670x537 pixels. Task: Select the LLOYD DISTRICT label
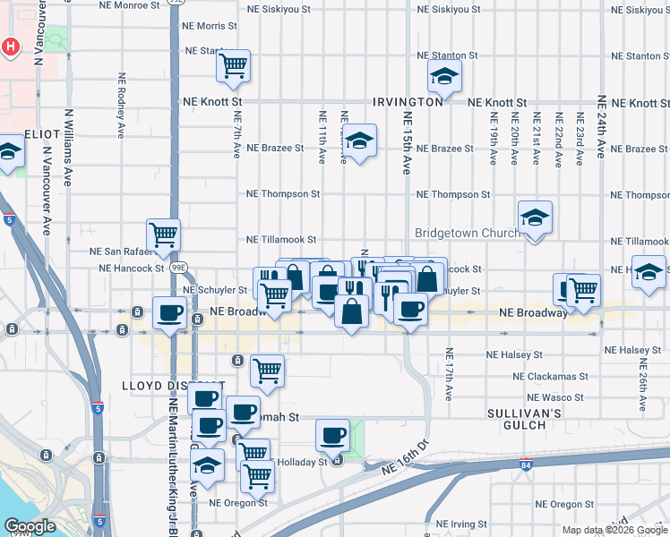pos(154,386)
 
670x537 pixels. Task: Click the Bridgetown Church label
pos(467,233)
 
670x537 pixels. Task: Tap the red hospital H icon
pos(10,47)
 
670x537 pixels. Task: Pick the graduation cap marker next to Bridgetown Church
pos(535,217)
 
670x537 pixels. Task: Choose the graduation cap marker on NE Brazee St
pos(359,140)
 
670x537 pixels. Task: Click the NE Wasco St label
pos(555,397)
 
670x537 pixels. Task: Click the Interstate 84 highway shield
pos(526,465)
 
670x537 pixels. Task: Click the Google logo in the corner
pos(29,526)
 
